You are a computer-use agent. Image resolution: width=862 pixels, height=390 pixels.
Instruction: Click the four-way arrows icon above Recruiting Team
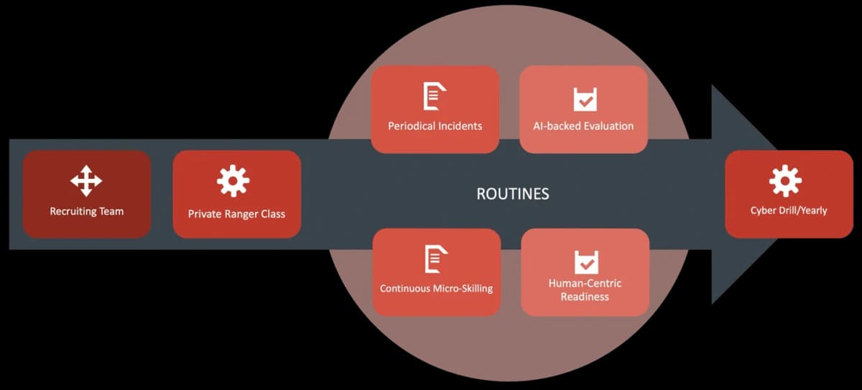coord(86,181)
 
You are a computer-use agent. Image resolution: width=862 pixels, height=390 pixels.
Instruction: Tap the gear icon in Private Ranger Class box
coord(233,181)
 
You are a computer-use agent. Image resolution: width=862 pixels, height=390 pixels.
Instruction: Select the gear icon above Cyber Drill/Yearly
coord(785,181)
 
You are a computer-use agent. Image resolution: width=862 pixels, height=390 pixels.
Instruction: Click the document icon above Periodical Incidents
coord(435,96)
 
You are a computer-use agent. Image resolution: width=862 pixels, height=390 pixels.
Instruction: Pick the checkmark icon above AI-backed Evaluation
coord(585,99)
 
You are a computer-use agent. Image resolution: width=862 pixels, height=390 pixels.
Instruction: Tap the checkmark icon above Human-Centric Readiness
coord(586,262)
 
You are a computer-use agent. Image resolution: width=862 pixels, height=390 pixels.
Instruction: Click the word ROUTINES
coord(513,194)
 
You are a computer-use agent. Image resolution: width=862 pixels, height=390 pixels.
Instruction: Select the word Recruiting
coord(73,212)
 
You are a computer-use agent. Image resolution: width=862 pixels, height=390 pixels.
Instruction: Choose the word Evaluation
coord(609,126)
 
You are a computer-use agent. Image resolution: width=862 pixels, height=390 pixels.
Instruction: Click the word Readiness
coord(585,297)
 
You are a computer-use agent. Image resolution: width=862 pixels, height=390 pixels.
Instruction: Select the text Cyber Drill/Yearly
coord(789,210)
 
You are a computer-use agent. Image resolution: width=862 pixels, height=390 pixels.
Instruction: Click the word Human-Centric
coord(585,284)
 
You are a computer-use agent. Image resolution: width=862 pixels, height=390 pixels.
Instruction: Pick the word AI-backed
coord(557,126)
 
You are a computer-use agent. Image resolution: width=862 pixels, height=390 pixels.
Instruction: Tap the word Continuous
coord(405,289)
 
